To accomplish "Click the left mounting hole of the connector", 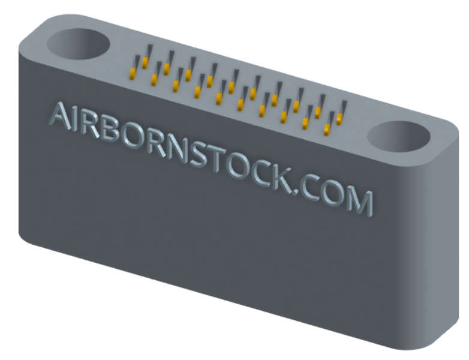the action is (x=79, y=44).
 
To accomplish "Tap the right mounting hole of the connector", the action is (x=398, y=136).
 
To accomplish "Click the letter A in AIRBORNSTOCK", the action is (x=61, y=116).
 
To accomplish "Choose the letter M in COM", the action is (x=359, y=201).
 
